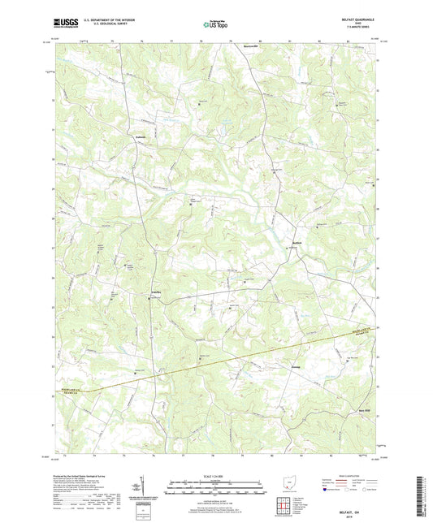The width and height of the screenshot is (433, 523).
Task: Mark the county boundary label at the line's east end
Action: pos(362,332)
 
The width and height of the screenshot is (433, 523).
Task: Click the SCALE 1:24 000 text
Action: pos(215,475)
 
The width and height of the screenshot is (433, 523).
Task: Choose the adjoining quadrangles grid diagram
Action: pos(289,508)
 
